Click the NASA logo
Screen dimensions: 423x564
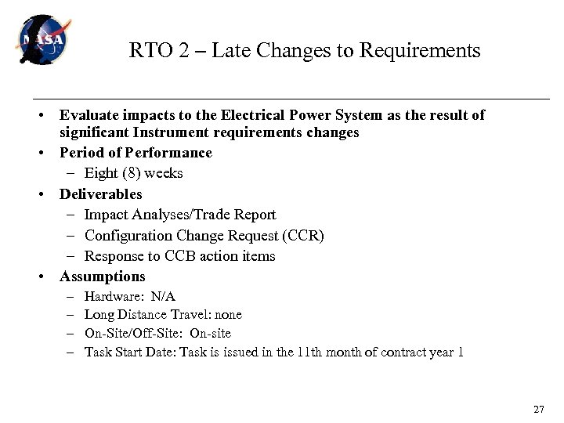43,40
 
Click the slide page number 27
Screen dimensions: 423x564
538,410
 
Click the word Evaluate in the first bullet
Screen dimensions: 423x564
87,115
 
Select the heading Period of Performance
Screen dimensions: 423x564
136,153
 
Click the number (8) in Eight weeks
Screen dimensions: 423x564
132,173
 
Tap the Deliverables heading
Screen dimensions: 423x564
101,193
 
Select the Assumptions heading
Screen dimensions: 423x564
103,277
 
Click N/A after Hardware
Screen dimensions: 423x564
163,297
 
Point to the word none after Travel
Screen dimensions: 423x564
228,315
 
